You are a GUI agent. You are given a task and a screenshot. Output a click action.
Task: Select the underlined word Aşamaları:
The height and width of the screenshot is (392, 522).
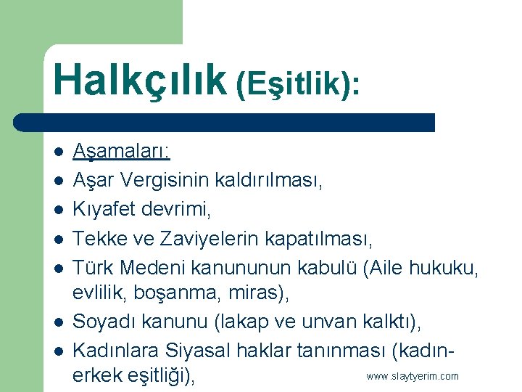tap(121, 152)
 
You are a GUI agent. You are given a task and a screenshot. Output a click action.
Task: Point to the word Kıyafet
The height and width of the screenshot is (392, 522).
tap(101, 209)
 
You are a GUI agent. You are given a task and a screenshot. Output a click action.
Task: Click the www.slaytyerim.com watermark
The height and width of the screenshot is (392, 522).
tap(413, 376)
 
